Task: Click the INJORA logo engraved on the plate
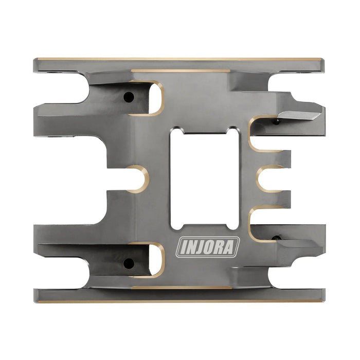tap(208, 246)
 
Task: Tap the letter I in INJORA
tap(183, 247)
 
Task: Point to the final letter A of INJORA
tap(232, 246)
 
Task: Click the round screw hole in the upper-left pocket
tap(129, 97)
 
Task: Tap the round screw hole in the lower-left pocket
tap(129, 263)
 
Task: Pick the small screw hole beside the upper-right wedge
tap(277, 121)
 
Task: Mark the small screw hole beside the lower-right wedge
tap(277, 238)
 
